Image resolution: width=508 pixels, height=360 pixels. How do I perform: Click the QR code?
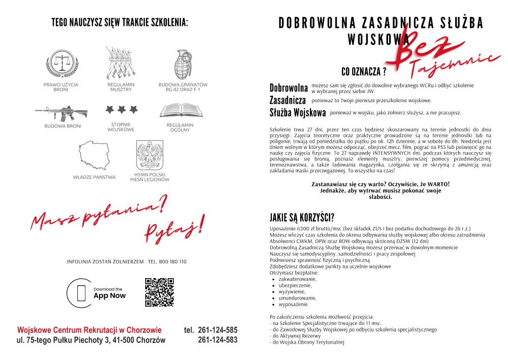160,292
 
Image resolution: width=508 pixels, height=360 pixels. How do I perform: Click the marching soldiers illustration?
120,62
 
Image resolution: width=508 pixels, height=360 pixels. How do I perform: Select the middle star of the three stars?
121,109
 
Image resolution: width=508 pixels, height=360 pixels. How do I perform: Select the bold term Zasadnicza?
288,100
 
